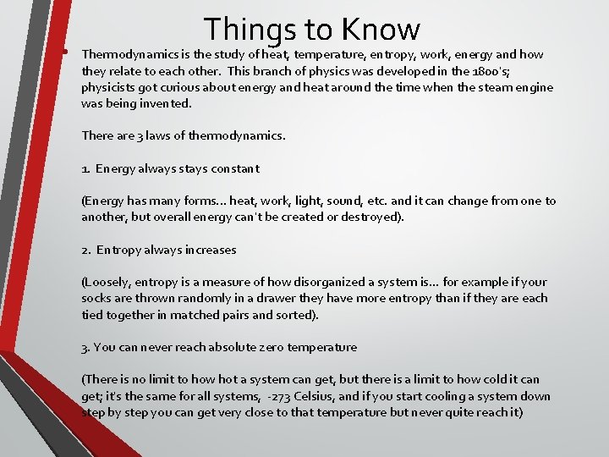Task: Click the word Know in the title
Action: pos(381,30)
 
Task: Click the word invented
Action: pos(165,103)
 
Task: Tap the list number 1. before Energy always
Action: pos(86,168)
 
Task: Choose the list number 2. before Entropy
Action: pos(86,250)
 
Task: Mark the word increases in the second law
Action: pos(210,250)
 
